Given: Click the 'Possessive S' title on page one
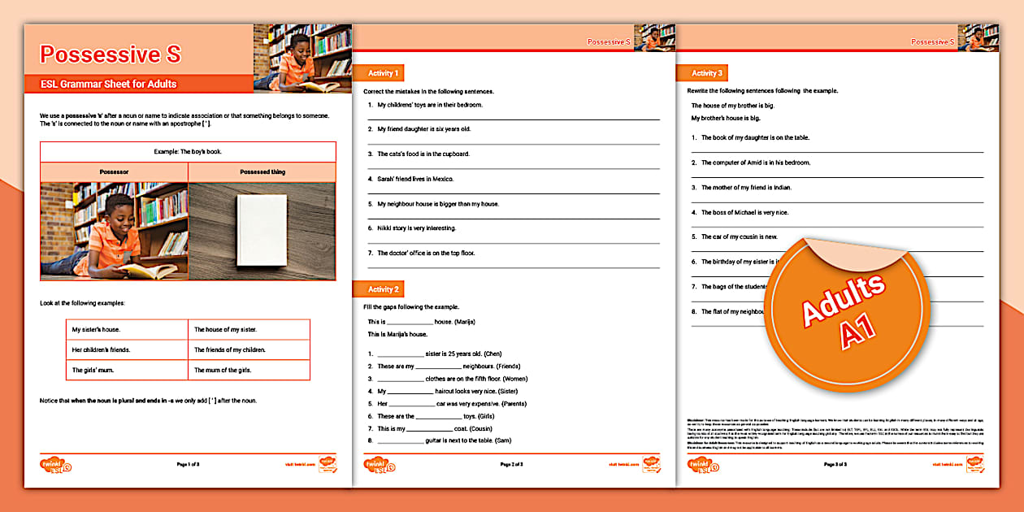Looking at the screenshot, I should pyautogui.click(x=111, y=54).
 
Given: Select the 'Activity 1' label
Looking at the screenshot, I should pyautogui.click(x=384, y=73).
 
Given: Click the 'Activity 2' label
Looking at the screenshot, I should pyautogui.click(x=384, y=289).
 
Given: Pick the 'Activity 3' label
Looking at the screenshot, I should pyautogui.click(x=707, y=73).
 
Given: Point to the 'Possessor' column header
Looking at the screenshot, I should pyautogui.click(x=114, y=172).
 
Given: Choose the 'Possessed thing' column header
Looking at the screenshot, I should pyautogui.click(x=262, y=172).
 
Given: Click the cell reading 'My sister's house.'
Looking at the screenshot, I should pyautogui.click(x=96, y=330).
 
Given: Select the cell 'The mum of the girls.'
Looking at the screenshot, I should pyautogui.click(x=223, y=370).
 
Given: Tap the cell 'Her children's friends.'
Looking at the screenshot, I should pyautogui.click(x=101, y=349).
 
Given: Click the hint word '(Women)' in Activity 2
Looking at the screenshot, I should pyautogui.click(x=515, y=379).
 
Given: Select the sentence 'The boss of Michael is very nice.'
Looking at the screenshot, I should pyautogui.click(x=744, y=212).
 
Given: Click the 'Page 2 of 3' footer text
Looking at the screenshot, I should pyautogui.click(x=512, y=464).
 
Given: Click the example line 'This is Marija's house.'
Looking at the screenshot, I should pyautogui.click(x=397, y=334).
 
